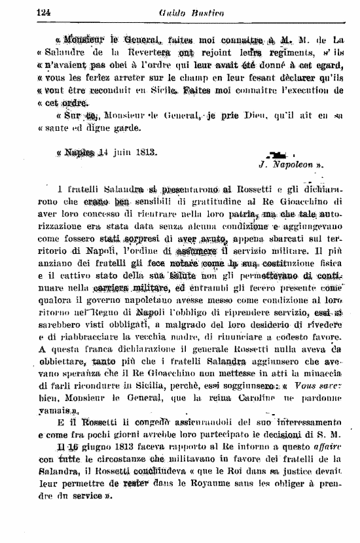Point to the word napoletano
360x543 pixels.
click(x=147, y=299)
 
